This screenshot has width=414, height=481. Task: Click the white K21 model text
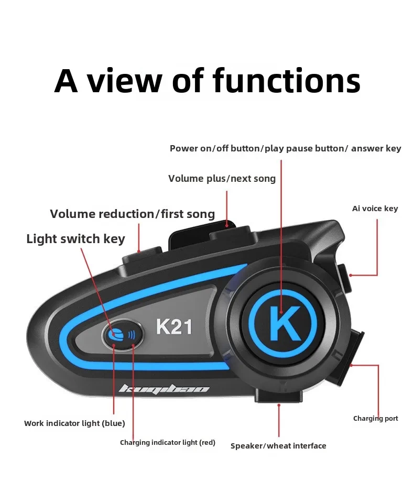pos(174,326)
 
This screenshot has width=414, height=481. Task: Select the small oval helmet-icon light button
pos(123,334)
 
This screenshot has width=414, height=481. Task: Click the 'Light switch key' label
pos(75,238)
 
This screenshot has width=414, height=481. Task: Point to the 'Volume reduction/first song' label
pos(132,214)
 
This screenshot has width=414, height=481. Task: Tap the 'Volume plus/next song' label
pos(222,179)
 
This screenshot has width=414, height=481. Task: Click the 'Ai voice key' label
pos(375,209)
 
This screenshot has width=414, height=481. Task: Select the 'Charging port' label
pos(375,419)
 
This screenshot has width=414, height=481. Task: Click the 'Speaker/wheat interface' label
pos(278,446)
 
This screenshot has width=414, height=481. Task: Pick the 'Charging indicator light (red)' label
pos(168,442)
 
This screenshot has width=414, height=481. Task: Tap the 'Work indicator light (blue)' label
pos(74,423)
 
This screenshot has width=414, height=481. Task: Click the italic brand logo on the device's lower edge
pos(164,389)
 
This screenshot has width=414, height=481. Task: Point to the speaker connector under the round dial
pos(278,395)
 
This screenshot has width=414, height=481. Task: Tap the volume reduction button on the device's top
pos(143,256)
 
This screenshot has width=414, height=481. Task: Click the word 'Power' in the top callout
pos(183,148)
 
